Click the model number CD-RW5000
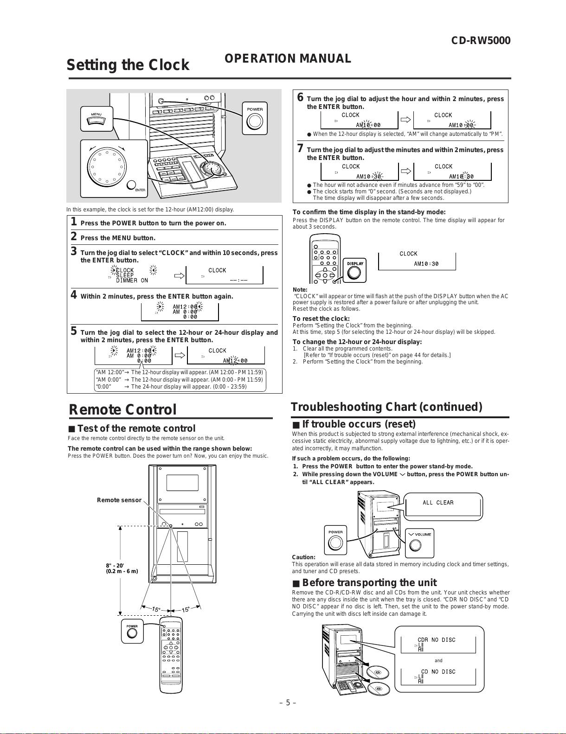pyautogui.click(x=481, y=41)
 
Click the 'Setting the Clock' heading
pyautogui.click(x=128, y=65)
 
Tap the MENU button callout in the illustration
pyautogui.click(x=96, y=119)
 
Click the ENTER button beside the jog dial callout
pyautogui.click(x=132, y=185)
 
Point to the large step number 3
pyautogui.click(x=73, y=252)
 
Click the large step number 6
pyautogui.click(x=300, y=98)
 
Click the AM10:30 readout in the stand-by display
pyautogui.click(x=426, y=264)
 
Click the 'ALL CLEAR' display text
pyautogui.click(x=438, y=503)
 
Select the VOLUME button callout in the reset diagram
pyautogui.click(x=419, y=543)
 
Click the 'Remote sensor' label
pyautogui.click(x=119, y=500)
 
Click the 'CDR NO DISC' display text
pyautogui.click(x=437, y=640)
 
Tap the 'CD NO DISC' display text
pyautogui.click(x=438, y=672)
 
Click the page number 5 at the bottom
pyautogui.click(x=288, y=702)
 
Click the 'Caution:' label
pyautogui.click(x=303, y=557)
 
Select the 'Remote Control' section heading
pyautogui.click(x=123, y=410)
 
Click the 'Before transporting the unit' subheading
pyautogui.click(x=370, y=583)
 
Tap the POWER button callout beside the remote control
pyautogui.click(x=132, y=631)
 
